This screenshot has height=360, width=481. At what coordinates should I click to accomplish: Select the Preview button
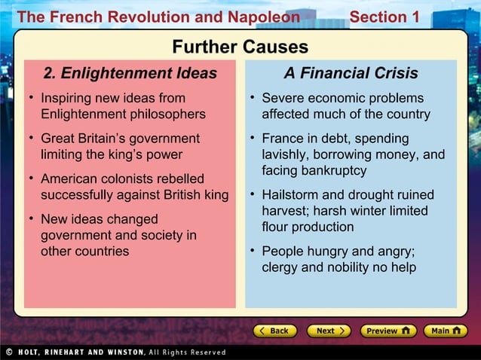coord(388,331)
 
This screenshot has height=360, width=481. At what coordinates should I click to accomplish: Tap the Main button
coord(444,331)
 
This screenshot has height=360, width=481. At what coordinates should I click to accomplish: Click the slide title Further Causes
coord(240,47)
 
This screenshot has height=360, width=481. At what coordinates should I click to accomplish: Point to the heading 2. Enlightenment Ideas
coord(130,74)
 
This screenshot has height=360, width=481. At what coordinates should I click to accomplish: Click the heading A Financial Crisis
coord(351,74)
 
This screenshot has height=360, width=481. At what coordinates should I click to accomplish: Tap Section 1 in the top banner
coord(384,17)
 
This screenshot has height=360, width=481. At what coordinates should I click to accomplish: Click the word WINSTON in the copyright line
coord(118,352)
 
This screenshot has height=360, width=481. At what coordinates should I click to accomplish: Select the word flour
coord(276,227)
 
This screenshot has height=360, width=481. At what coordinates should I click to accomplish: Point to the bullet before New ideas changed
coord(31,219)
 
